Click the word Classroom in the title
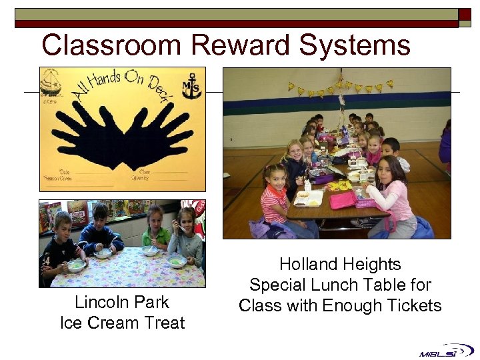(x=111, y=45)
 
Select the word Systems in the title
(x=355, y=45)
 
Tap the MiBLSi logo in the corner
(x=446, y=350)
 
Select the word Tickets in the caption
(x=415, y=306)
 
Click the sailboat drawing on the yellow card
(x=52, y=83)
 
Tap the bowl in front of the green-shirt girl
(x=150, y=251)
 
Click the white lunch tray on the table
(x=309, y=198)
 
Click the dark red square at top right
(x=465, y=14)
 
